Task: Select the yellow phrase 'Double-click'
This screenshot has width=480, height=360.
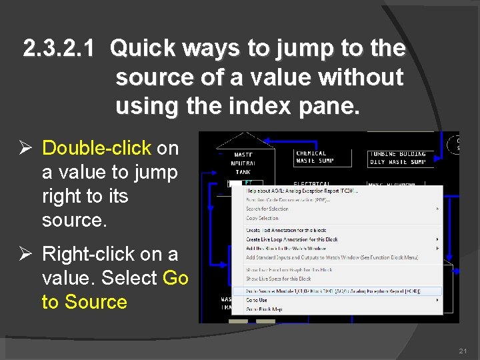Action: click(x=97, y=148)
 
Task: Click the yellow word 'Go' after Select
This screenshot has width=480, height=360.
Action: click(x=175, y=277)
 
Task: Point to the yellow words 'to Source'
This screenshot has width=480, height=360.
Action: click(x=84, y=301)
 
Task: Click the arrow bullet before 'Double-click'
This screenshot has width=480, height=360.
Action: click(x=29, y=148)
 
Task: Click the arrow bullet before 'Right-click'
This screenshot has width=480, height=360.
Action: click(x=29, y=254)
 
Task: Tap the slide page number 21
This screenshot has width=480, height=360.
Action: click(x=463, y=351)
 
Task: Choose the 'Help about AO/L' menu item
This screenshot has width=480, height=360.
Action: click(x=301, y=191)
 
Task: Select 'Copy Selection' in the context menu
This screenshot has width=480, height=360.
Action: click(x=262, y=218)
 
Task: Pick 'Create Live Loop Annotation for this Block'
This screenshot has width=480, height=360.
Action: click(x=291, y=239)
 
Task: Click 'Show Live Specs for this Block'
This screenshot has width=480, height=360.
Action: click(x=279, y=279)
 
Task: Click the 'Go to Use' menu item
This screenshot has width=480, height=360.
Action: click(x=257, y=300)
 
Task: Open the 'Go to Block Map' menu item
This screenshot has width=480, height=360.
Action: click(x=263, y=309)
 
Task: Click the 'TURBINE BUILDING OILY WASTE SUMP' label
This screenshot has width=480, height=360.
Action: click(x=397, y=158)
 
